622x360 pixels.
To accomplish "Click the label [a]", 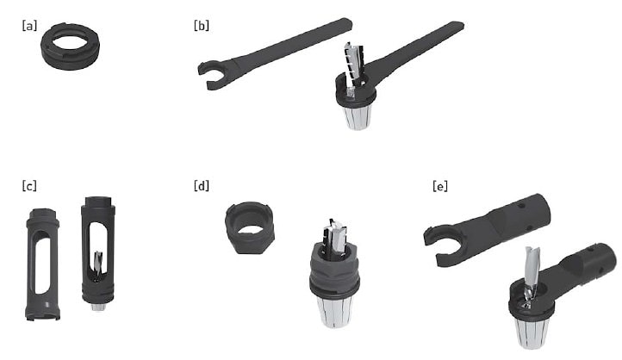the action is (x=29, y=26).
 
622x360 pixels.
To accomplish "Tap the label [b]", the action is (x=201, y=26).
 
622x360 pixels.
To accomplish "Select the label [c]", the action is (x=29, y=185).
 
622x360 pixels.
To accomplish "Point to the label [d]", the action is (x=201, y=185).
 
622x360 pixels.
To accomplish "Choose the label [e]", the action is (x=440, y=186).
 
